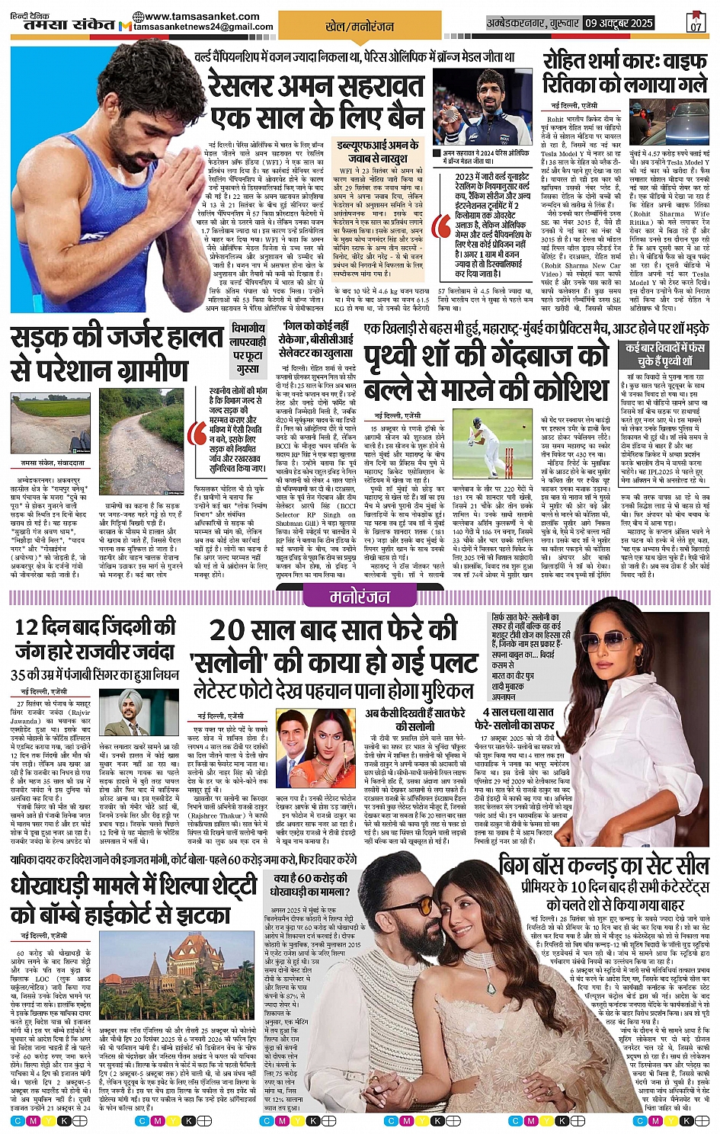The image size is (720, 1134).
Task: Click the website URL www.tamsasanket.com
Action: pos(197,16)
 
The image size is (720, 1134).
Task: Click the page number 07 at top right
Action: pos(695,23)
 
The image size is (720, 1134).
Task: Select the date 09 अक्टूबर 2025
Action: pos(619,23)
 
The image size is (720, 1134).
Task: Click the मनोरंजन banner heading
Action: pos(360,595)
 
